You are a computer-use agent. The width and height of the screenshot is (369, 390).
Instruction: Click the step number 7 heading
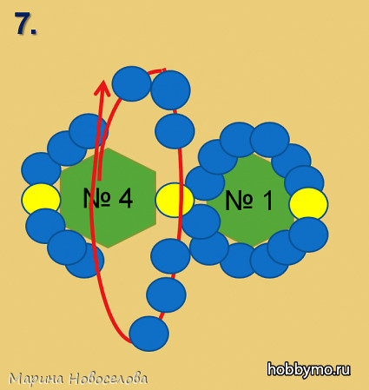coord(25,23)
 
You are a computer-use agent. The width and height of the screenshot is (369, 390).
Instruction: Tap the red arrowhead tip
coord(103,81)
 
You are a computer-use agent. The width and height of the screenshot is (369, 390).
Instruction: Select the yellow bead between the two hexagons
coord(175,200)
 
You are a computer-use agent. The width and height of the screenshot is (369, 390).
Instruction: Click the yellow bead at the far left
coord(41,199)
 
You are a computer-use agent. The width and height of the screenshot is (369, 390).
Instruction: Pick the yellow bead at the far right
coord(308,204)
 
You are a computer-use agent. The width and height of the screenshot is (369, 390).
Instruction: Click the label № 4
coord(108,199)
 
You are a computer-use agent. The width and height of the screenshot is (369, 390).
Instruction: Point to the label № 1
coord(249,200)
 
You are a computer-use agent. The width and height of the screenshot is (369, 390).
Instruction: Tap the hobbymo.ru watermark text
coord(308,369)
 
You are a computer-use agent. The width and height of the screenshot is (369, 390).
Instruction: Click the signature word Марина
coord(36,379)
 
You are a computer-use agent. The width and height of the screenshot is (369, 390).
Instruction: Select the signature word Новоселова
coord(109,378)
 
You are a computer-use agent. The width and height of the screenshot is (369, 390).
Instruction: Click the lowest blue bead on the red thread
coord(148,334)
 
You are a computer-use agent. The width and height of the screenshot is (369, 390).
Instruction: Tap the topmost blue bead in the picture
coord(131,83)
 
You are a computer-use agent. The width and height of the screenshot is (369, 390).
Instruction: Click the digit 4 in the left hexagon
coord(126,199)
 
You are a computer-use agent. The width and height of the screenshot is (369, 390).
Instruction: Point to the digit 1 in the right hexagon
coord(267,201)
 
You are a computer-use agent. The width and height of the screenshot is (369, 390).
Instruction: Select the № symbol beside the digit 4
coord(96,199)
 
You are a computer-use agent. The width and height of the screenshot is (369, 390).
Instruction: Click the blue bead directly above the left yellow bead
coord(41,169)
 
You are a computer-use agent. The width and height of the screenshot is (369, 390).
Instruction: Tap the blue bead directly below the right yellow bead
coord(308,235)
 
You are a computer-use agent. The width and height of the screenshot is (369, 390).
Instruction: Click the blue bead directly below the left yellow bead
coord(45,226)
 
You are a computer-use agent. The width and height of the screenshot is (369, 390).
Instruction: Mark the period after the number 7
coord(33,32)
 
